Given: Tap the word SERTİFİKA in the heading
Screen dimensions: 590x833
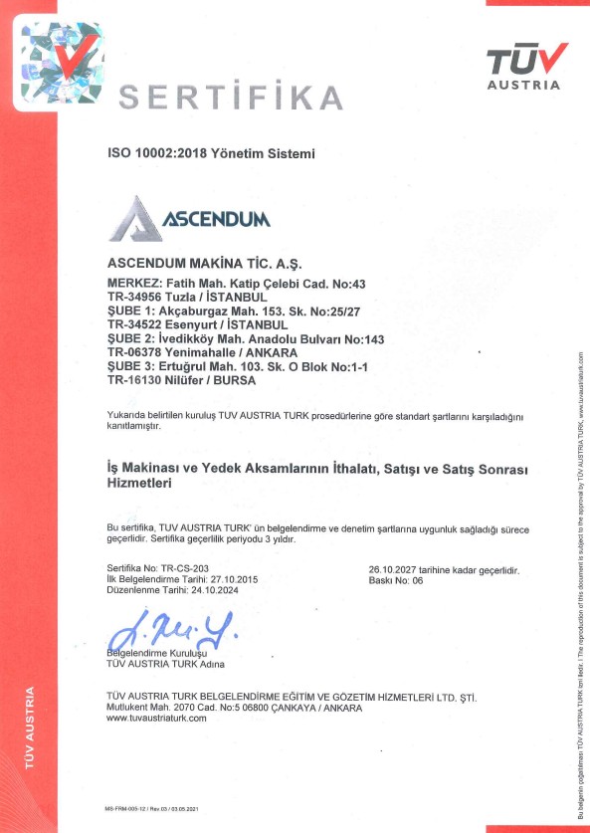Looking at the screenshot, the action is point(231,99).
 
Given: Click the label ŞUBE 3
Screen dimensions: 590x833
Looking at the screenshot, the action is point(129,366).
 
